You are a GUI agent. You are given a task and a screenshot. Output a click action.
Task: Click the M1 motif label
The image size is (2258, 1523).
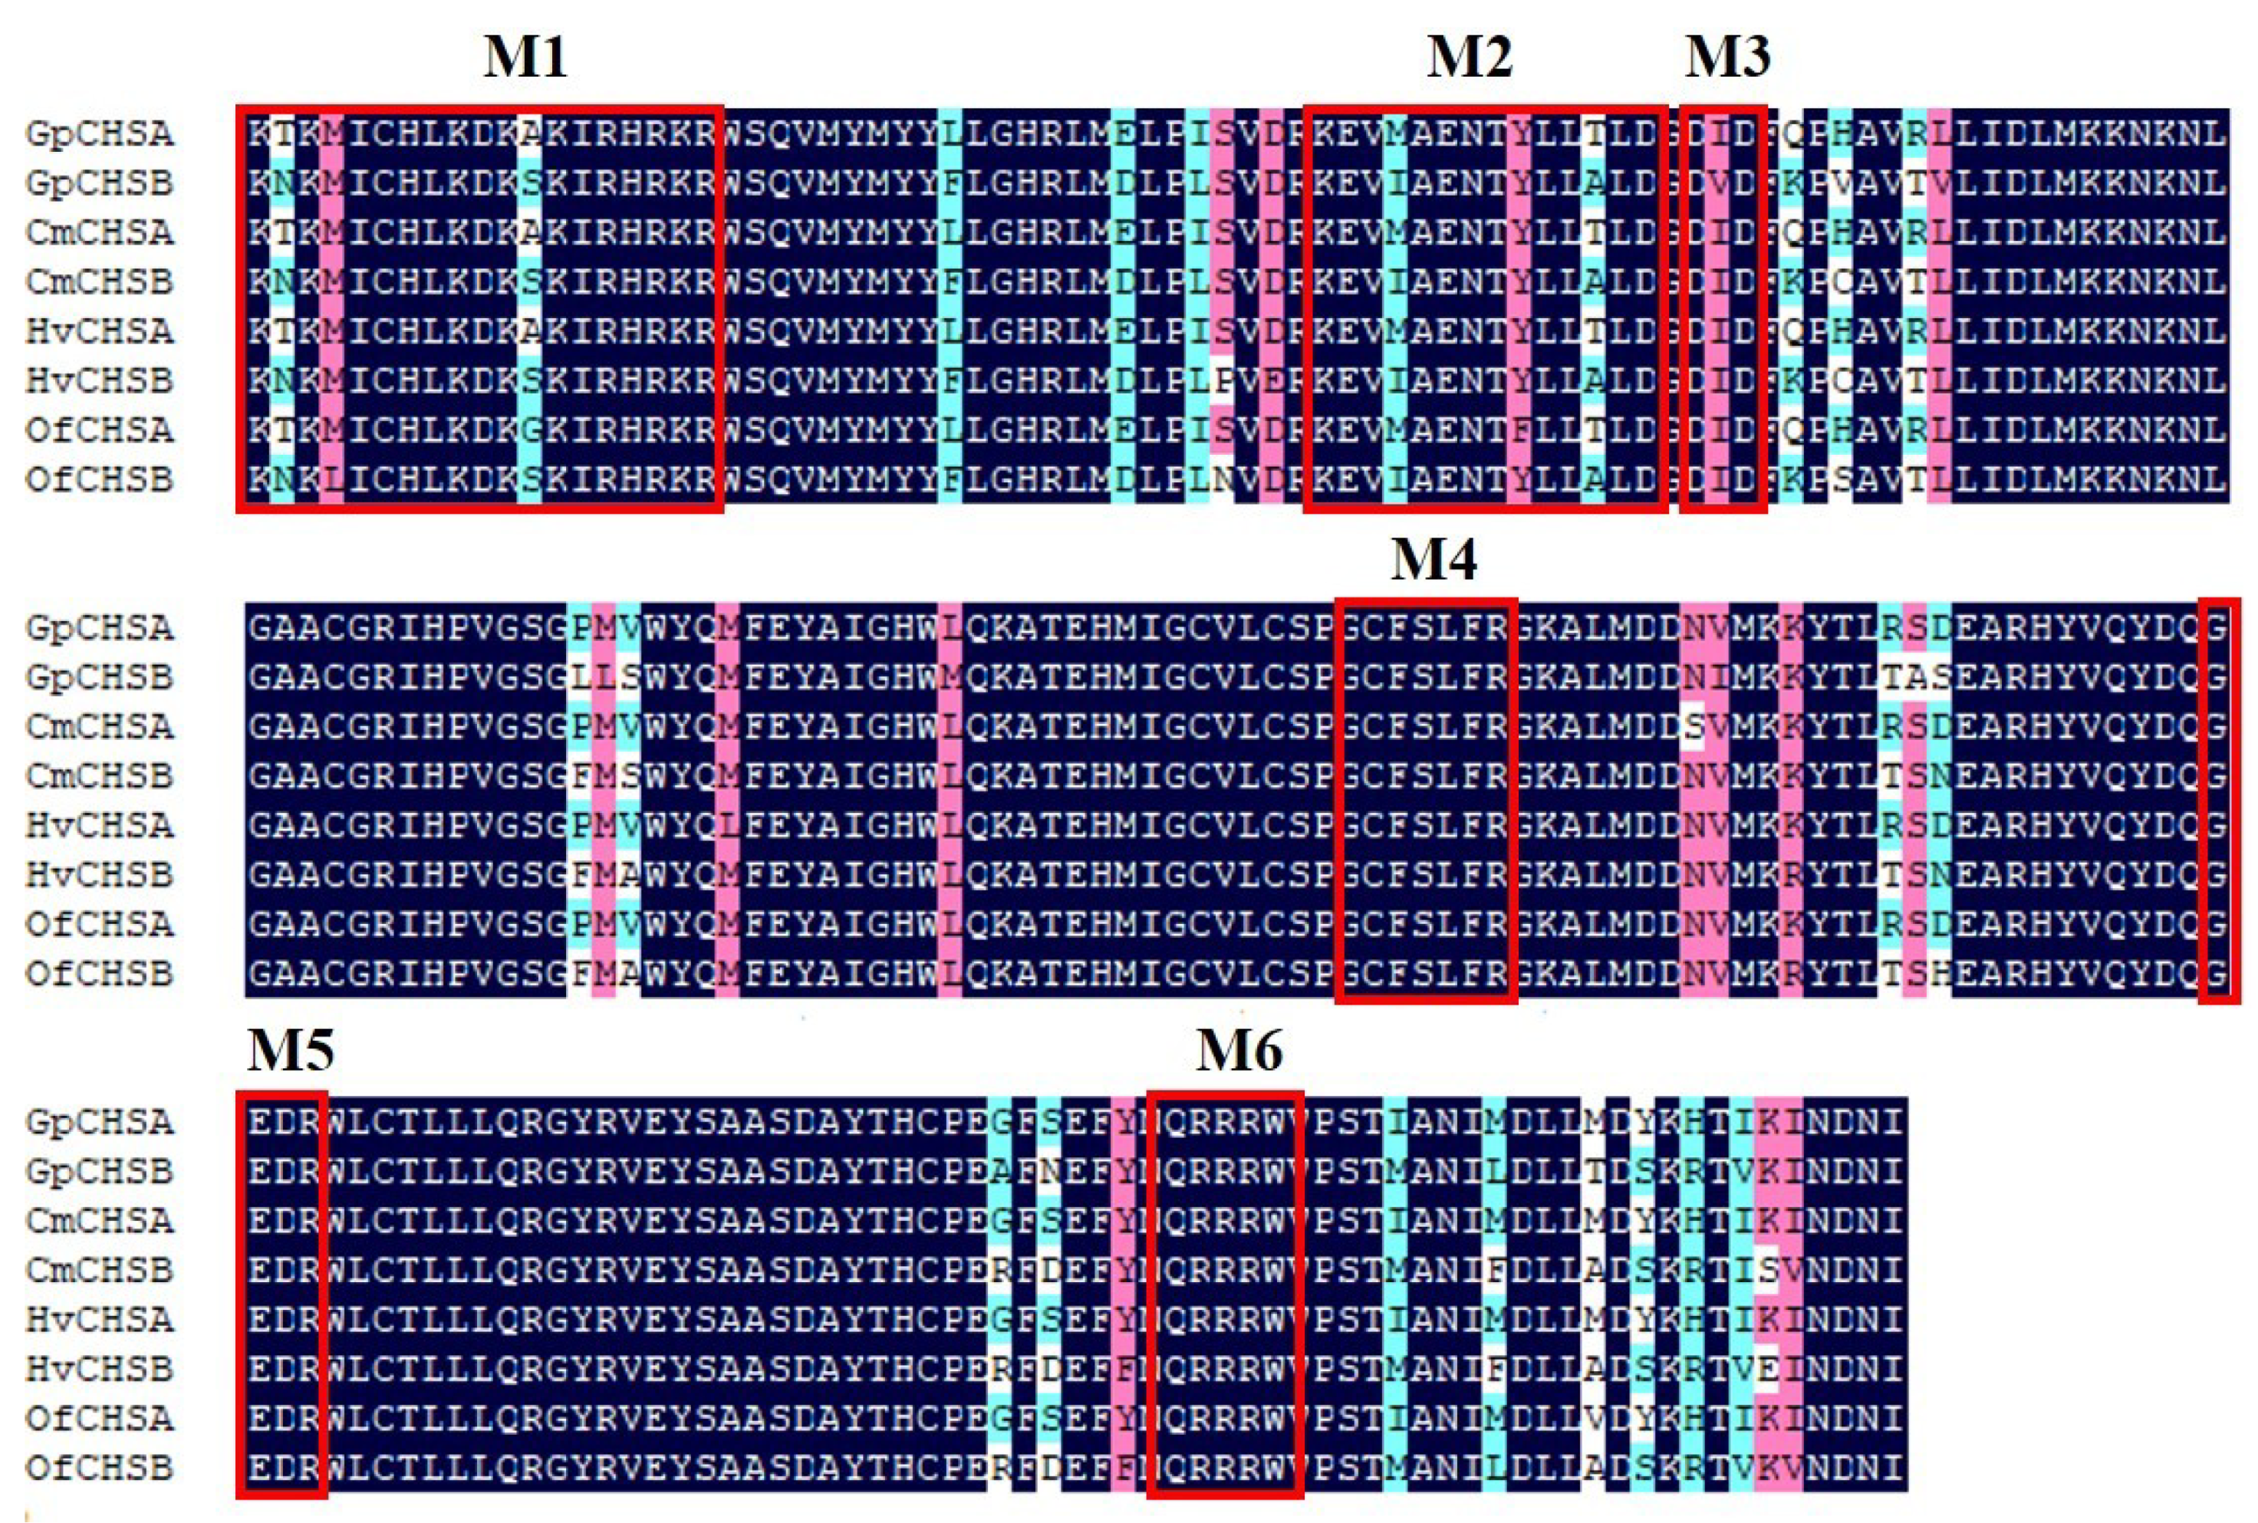click(525, 59)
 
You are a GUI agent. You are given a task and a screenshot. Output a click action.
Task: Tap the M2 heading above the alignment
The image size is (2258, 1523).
click(1469, 59)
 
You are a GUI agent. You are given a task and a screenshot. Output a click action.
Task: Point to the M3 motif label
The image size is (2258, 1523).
click(1726, 59)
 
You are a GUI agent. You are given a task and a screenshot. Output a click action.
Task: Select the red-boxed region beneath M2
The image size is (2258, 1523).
click(1485, 308)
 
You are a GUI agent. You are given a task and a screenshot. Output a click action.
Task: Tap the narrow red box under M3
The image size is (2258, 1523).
click(1722, 308)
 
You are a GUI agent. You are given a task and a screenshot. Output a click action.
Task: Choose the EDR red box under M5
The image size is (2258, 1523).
click(281, 1294)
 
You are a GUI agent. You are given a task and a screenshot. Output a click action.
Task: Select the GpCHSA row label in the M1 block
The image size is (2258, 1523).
click(99, 134)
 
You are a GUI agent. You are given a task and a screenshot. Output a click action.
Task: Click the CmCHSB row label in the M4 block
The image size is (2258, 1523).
click(99, 776)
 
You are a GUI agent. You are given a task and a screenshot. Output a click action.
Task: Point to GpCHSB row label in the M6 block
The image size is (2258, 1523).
click(99, 1171)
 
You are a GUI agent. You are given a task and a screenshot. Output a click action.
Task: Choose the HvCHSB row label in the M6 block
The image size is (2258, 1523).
click(99, 1370)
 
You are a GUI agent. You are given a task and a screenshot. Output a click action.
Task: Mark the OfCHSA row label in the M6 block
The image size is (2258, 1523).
click(99, 1418)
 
